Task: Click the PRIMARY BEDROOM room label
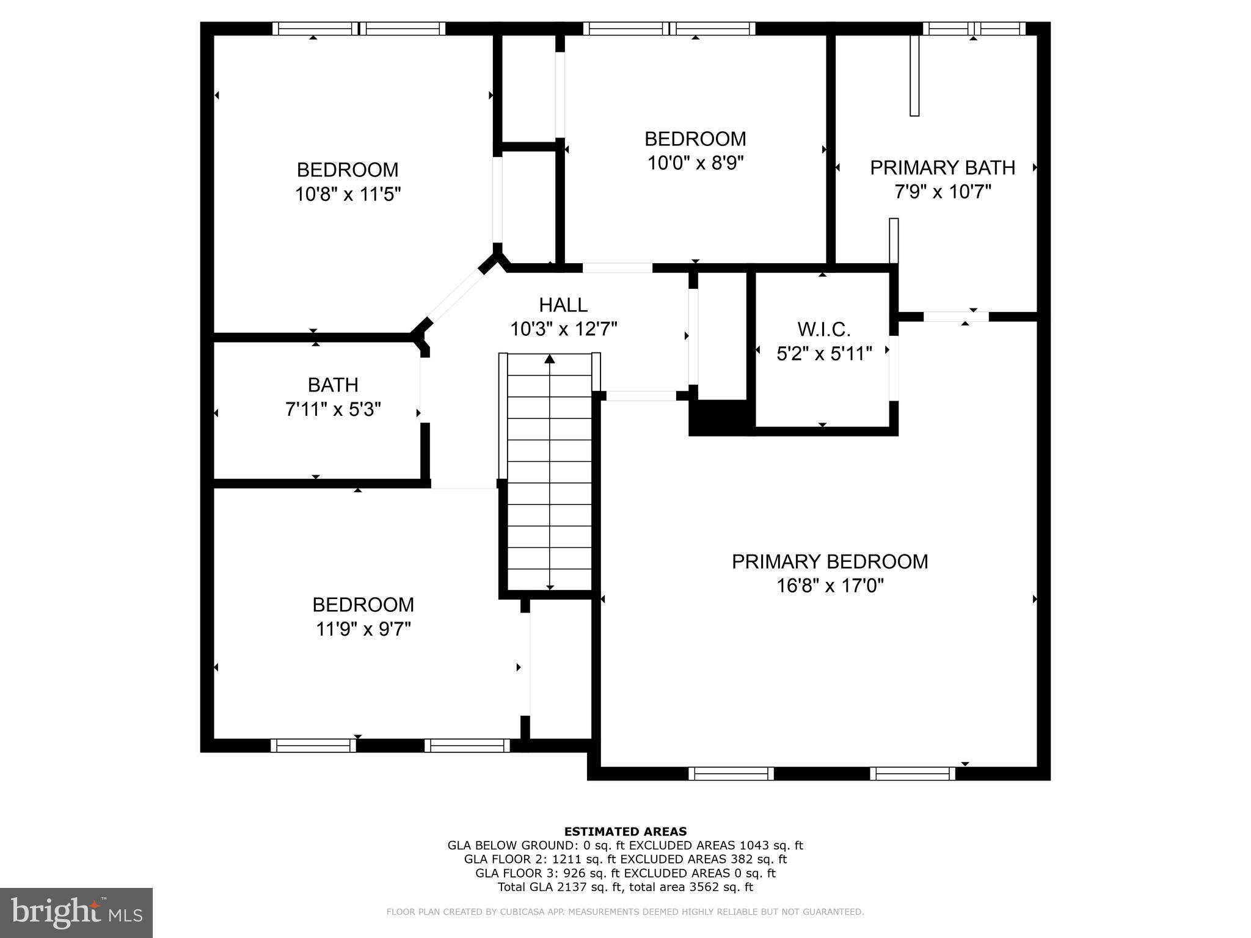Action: (x=830, y=561)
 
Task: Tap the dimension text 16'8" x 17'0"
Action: (x=830, y=586)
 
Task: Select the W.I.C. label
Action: (x=823, y=330)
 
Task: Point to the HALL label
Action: (x=563, y=305)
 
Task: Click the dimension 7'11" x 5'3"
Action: (x=333, y=409)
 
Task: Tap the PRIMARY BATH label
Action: (x=942, y=167)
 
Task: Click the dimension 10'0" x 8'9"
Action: (x=695, y=164)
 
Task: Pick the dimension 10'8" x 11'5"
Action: (x=348, y=195)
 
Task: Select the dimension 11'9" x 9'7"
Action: (x=363, y=629)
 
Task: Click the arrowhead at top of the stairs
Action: (x=550, y=359)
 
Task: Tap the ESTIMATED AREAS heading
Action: (x=625, y=831)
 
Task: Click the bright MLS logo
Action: (x=76, y=913)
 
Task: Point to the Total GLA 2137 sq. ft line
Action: (x=625, y=887)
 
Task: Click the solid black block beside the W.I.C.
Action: (x=721, y=417)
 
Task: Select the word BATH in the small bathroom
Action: (x=333, y=385)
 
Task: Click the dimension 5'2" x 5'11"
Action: (x=823, y=354)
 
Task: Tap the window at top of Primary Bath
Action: (x=974, y=28)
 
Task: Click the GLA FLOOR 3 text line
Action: (x=625, y=873)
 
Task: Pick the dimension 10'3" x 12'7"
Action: (x=563, y=329)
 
